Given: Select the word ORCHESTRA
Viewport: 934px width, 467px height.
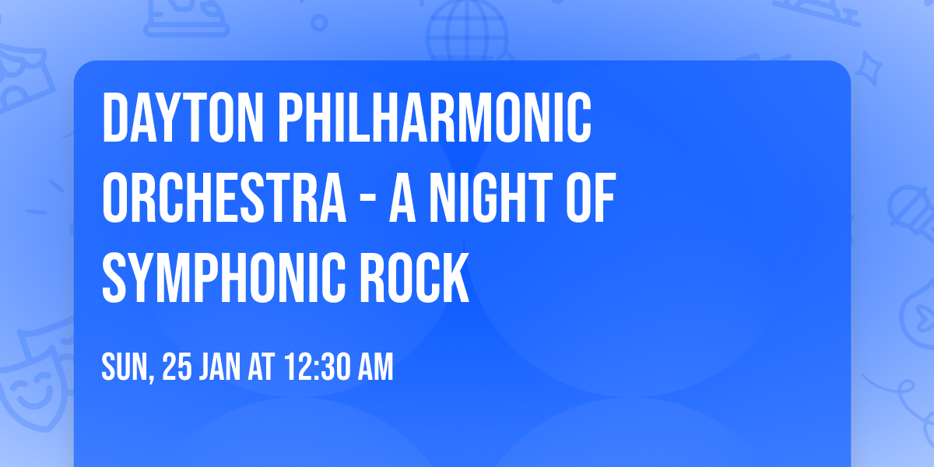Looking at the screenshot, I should point(224,198).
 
